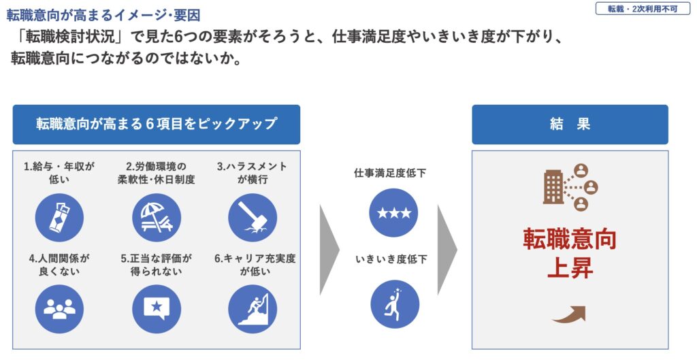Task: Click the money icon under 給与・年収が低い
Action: [x=59, y=218]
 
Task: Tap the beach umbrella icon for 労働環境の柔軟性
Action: [x=157, y=218]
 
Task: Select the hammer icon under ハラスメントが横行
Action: [x=253, y=218]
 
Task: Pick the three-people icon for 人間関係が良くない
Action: [x=59, y=309]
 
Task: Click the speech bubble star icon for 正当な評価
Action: [x=157, y=309]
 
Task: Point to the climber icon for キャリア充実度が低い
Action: [x=253, y=309]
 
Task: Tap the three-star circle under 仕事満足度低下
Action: [x=393, y=213]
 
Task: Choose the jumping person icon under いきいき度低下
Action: [x=395, y=304]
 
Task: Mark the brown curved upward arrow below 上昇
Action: [x=568, y=314]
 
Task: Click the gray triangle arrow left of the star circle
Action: [x=329, y=250]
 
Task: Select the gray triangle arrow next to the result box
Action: [x=447, y=250]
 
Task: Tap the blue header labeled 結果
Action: [x=570, y=125]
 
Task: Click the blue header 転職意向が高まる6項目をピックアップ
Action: [x=157, y=125]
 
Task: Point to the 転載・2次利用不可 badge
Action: [x=643, y=9]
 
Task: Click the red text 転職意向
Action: [x=570, y=239]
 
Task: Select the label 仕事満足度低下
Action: [x=390, y=173]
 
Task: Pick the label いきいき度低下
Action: [x=391, y=259]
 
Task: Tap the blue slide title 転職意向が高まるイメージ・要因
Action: [x=103, y=15]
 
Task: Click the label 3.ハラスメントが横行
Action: [x=252, y=173]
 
